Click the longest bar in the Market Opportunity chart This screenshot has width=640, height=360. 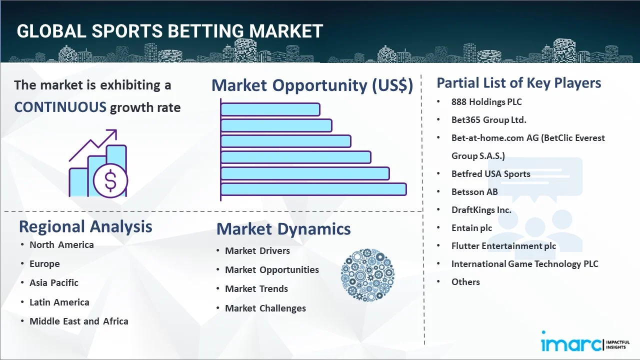(313, 189)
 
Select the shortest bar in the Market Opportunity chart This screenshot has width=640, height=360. (270, 109)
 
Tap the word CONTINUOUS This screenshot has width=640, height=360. (60, 107)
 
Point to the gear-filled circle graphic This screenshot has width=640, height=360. (367, 275)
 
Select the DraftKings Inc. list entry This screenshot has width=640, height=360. (481, 210)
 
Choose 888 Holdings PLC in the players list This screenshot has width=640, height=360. (486, 102)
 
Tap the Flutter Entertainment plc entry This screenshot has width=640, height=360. (503, 246)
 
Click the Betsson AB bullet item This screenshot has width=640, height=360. (474, 192)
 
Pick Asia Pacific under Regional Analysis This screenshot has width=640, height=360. (54, 283)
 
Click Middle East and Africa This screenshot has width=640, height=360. (78, 321)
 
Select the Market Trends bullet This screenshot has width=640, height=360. (256, 289)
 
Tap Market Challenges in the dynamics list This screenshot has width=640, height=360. (265, 308)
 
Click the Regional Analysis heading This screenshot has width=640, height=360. (85, 226)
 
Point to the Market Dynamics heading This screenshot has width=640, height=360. (283, 229)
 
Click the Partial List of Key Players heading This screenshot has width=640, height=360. (518, 83)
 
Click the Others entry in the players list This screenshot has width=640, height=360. (465, 282)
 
